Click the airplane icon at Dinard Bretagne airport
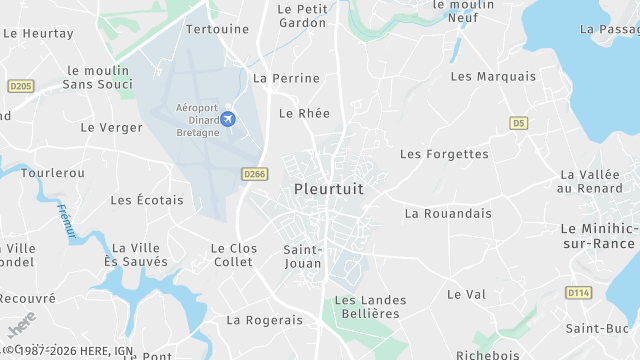228,120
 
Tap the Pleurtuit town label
329,188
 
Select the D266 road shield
255,174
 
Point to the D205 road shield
20,87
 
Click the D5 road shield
517,123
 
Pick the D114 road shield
578,293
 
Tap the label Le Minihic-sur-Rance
599,236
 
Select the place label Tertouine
217,29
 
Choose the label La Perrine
287,78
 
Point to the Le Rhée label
304,114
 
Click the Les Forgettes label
444,154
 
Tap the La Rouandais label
448,213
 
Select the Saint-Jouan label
302,257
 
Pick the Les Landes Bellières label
366,307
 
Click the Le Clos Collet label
233,255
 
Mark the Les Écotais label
147,200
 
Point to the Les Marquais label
493,76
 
